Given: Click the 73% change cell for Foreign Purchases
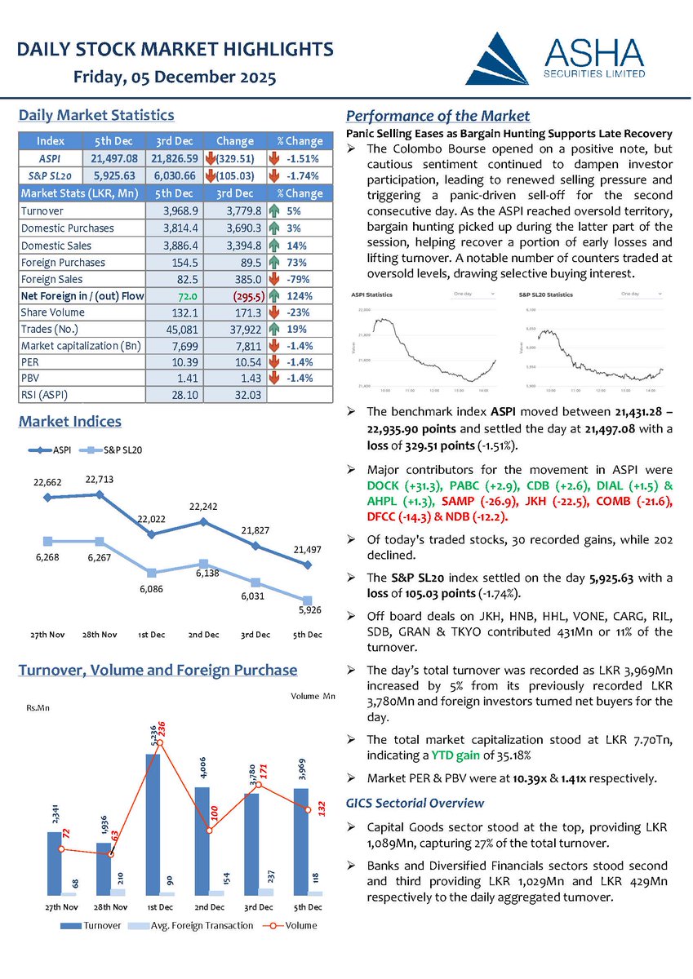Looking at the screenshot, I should coord(296,263).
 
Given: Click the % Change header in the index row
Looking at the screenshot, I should coord(300,140).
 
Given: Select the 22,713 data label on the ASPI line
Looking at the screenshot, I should coord(100,479).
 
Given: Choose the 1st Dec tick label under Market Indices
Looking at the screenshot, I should coord(152,635).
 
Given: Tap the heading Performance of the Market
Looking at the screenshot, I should coord(438,116).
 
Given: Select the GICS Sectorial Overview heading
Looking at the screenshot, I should coord(415,803).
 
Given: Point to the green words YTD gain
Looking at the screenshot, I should coord(458,755).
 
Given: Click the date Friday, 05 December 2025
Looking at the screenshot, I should coord(175,78).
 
